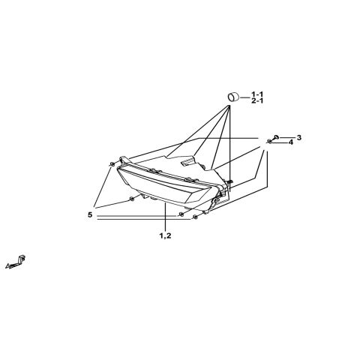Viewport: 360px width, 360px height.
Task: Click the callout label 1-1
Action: (x=257, y=94)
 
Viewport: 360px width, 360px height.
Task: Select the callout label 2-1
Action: (x=257, y=101)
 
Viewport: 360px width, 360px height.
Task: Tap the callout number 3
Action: (x=299, y=137)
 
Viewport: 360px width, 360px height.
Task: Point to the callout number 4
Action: (x=291, y=142)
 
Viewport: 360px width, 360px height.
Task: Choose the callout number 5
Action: (x=90, y=214)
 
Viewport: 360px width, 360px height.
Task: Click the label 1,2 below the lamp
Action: (x=165, y=235)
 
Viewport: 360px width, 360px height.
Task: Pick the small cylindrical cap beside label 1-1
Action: (x=233, y=97)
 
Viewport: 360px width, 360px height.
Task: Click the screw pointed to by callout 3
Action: (x=276, y=137)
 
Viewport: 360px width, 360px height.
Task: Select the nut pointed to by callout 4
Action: (x=270, y=142)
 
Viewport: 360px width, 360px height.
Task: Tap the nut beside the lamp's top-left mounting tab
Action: (x=112, y=164)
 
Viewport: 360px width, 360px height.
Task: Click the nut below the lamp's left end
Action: (x=131, y=199)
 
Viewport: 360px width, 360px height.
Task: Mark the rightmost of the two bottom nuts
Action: (x=196, y=217)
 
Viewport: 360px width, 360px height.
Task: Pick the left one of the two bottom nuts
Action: (x=181, y=214)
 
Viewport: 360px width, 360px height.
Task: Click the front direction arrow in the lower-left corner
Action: (x=16, y=262)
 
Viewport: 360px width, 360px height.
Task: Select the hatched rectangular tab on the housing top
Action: (x=188, y=160)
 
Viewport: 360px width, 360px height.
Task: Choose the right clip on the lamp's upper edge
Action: (x=191, y=179)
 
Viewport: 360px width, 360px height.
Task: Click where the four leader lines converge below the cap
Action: (x=229, y=106)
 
